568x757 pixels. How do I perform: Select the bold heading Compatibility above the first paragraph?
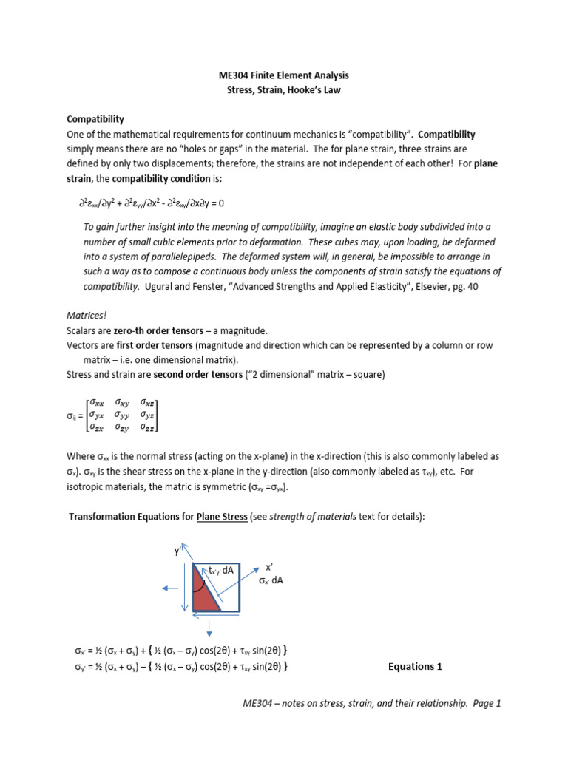[x=95, y=118]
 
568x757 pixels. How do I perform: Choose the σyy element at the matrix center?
[x=122, y=415]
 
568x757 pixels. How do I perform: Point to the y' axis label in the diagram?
[x=177, y=551]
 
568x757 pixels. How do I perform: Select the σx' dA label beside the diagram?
[x=271, y=580]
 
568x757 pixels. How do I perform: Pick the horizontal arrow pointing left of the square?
[x=169, y=588]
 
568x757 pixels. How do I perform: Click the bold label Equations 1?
[x=415, y=666]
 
